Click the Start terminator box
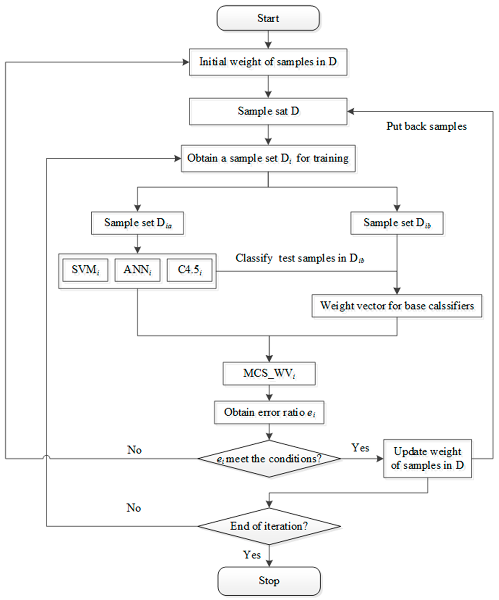point(268,18)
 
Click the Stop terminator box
point(269,581)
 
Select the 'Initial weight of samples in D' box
point(268,62)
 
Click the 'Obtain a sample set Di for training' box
point(268,158)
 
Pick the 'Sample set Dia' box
point(137,223)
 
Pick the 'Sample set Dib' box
point(397,223)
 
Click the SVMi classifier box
point(85,270)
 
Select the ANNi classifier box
point(137,270)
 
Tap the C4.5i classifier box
point(189,270)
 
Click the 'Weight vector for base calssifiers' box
point(397,306)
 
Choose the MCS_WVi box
point(269,373)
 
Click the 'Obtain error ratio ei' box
point(269,412)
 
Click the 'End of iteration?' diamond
point(269,526)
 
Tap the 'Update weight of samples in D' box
point(427,458)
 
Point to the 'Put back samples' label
point(426,126)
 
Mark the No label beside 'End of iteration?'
point(134,508)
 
